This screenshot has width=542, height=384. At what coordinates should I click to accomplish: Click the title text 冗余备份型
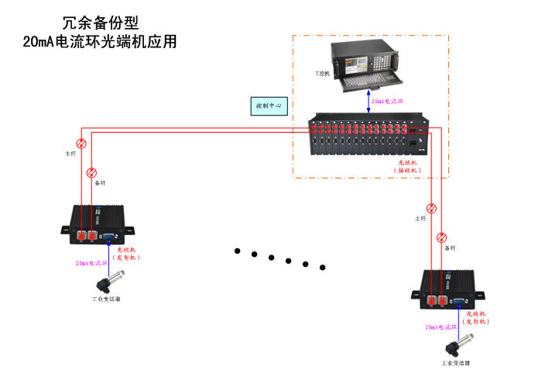(x=101, y=24)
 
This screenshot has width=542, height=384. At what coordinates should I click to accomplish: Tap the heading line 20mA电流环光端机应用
(x=101, y=42)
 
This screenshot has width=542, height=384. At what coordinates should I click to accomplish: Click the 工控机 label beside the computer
(x=322, y=74)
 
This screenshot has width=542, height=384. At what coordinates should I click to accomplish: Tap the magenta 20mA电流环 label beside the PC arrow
(x=388, y=102)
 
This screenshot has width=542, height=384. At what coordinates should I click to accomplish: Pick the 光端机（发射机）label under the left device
(x=124, y=253)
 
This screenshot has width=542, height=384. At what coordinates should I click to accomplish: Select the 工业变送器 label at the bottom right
(x=456, y=362)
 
